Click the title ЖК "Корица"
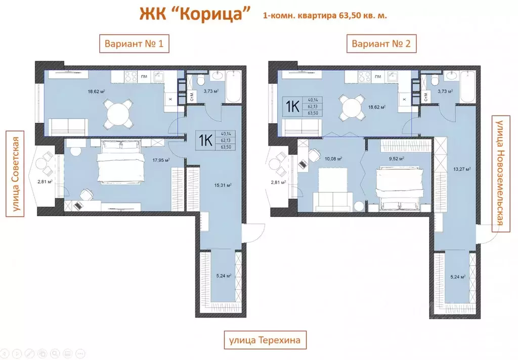point(195,14)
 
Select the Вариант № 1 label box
point(134,44)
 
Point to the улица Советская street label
point(15,174)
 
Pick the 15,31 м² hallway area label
point(223,186)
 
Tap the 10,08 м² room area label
point(334,158)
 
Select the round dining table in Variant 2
point(352,107)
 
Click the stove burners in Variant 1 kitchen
point(131,77)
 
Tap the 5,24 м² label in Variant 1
point(224,276)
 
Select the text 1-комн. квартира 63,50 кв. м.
point(325,16)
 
